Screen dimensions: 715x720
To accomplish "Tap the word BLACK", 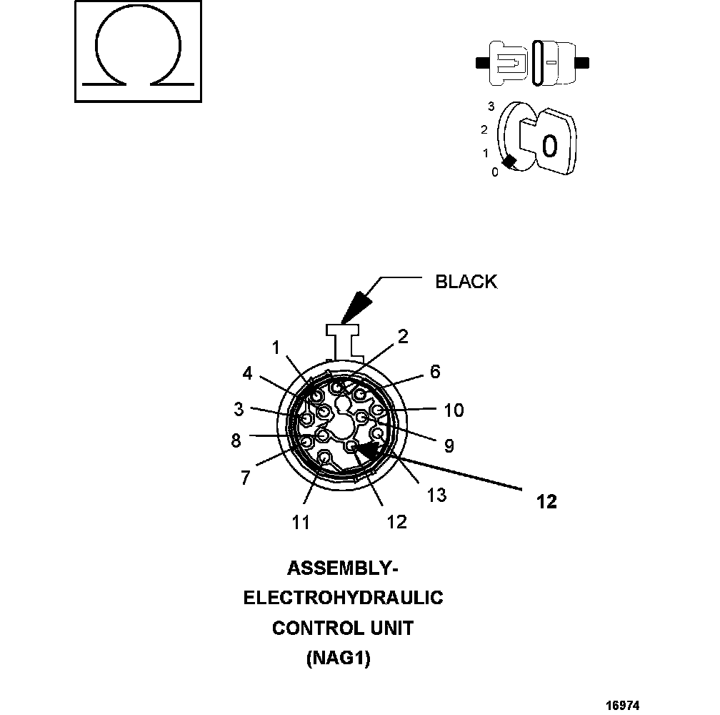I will [466, 282].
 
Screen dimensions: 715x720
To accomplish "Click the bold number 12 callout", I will [546, 502].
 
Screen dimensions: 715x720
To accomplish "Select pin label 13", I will [436, 494].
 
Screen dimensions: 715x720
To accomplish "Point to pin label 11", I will [301, 522].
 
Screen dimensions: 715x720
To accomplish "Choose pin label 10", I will [454, 410].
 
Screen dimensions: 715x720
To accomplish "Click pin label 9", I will [449, 446].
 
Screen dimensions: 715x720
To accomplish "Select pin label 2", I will [403, 337].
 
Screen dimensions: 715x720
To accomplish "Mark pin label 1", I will [275, 347].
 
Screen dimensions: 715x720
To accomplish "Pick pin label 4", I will [247, 373].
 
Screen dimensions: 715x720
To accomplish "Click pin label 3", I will [239, 410].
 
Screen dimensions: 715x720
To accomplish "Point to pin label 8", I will [236, 440].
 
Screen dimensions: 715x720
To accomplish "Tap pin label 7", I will [245, 478].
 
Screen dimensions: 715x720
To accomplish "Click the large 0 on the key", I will [549, 145].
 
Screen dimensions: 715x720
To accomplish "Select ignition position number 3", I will [491, 107].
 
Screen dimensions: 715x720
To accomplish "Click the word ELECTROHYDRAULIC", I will [343, 598].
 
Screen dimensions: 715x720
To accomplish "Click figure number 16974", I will [622, 705].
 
